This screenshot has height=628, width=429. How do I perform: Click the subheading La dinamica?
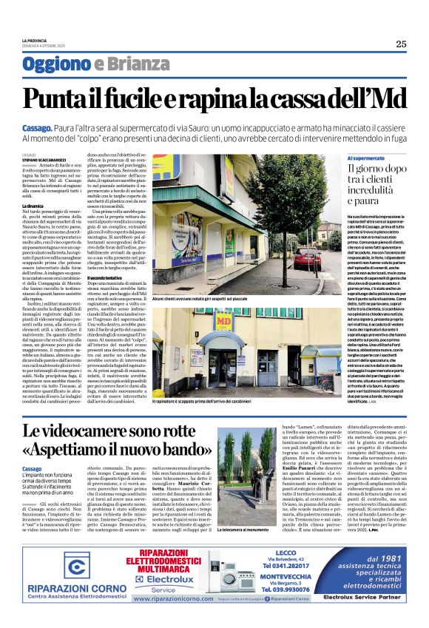(x=34, y=205)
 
